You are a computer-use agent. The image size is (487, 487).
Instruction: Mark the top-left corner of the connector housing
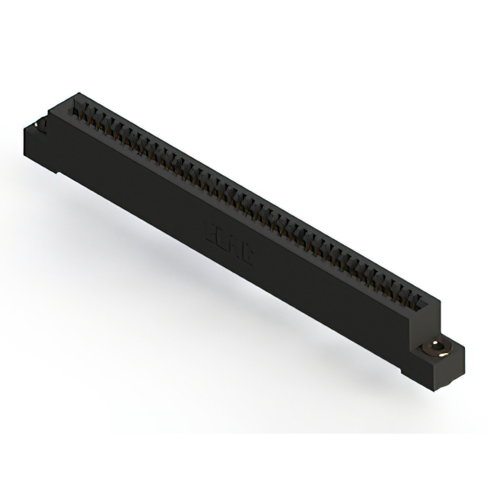[x=76, y=94]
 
